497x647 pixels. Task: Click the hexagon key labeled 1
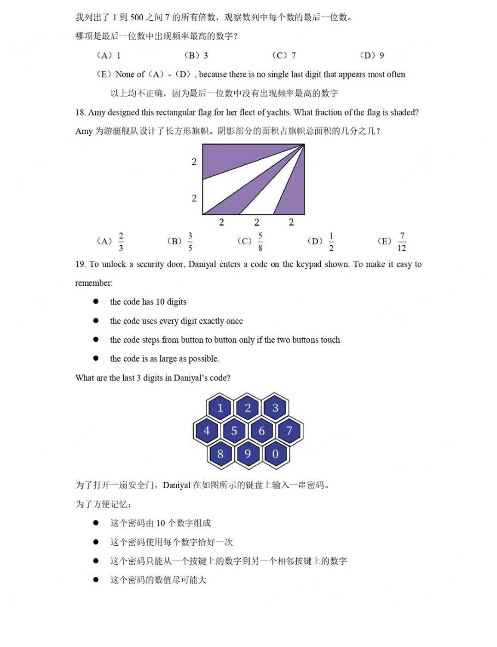click(220, 408)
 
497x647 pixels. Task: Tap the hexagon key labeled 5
click(234, 431)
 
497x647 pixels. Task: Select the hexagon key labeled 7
click(289, 431)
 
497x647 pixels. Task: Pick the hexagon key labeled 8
click(220, 454)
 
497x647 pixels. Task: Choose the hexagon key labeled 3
click(275, 408)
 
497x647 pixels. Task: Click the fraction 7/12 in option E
click(402, 242)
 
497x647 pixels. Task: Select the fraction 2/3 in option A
click(121, 242)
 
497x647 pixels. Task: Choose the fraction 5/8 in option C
click(260, 242)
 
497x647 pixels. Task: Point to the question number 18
click(81, 112)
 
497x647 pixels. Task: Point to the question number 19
click(81, 264)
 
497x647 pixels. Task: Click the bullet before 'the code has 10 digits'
click(96, 301)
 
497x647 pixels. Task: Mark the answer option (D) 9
click(372, 56)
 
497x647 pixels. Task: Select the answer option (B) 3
click(196, 56)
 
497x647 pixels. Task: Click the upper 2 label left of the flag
click(194, 162)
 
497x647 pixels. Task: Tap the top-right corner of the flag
click(304, 144)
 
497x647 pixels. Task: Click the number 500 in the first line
click(137, 17)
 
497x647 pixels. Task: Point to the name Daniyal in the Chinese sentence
click(177, 485)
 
